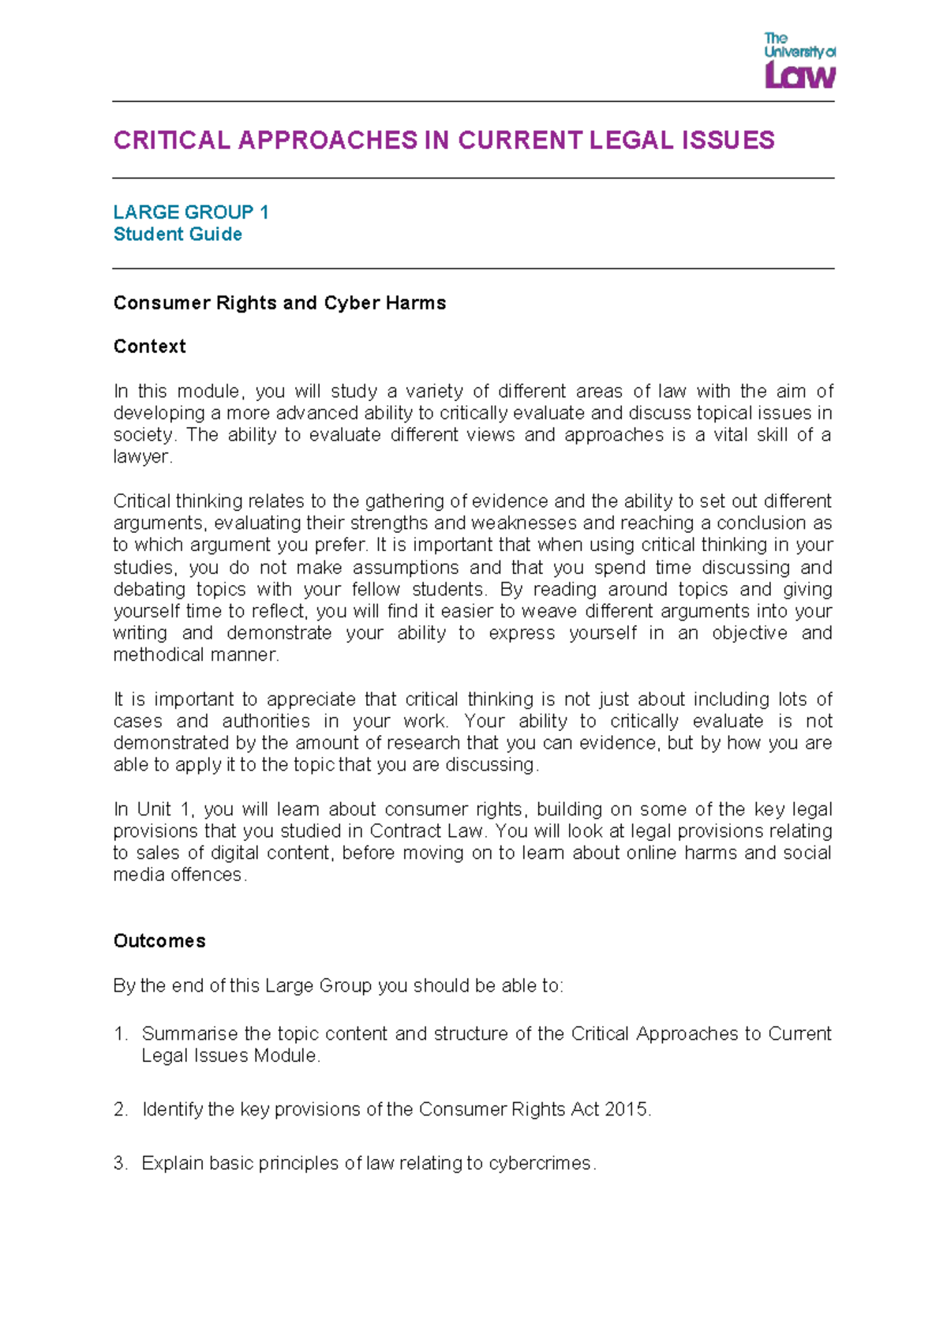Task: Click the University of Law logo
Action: coord(799,61)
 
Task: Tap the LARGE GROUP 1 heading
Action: coord(190,212)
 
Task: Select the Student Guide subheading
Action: coord(178,234)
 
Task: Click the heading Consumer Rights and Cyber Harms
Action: coord(279,303)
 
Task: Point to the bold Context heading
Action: coord(149,347)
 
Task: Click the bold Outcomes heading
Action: coord(159,941)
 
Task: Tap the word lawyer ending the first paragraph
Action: coord(140,457)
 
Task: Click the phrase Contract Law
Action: coord(426,831)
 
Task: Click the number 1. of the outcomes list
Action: coord(120,1034)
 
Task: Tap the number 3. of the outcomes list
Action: coord(120,1164)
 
